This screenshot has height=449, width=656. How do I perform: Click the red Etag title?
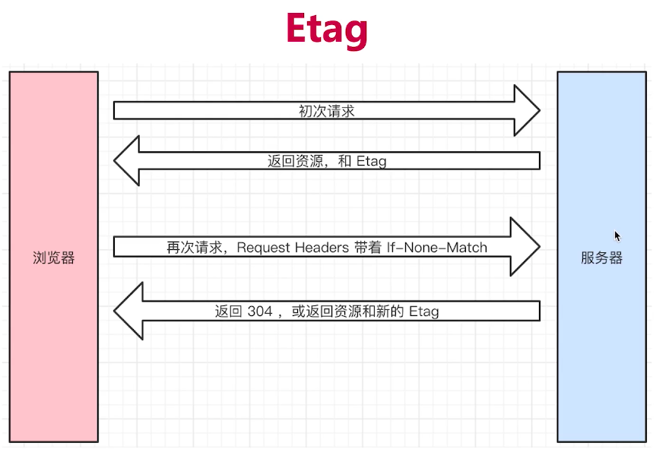point(327,29)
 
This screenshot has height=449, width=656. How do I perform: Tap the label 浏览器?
point(53,258)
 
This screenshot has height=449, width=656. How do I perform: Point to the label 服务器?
point(601,258)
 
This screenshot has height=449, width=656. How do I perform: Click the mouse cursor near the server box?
point(617,236)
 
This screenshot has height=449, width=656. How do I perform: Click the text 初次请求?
point(327,111)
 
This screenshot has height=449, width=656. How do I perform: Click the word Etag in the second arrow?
point(372,160)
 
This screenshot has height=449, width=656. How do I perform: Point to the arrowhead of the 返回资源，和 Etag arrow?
point(127,160)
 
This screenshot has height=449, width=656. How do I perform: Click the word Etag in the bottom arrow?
point(423,311)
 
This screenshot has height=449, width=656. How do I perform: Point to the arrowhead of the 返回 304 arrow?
point(127,311)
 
